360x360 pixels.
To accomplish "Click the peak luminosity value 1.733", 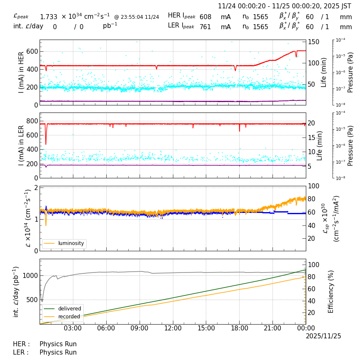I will coord(48,17).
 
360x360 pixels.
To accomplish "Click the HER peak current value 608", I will coord(205,17).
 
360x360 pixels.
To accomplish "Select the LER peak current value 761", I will coord(205,27).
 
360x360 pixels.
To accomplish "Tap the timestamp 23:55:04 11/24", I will coord(137,17).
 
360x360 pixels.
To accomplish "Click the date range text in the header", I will coord(285,6).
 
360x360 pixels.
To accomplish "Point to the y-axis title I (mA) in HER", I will coord(21,72).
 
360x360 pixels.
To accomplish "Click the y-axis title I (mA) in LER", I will coord(21,145).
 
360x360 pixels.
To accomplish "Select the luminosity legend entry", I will coord(71,243).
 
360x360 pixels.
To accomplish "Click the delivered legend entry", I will coord(67,309).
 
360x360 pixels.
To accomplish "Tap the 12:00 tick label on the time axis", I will coord(172,328).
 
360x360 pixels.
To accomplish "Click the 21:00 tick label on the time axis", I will coord(272,328).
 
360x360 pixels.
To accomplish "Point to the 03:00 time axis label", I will coord(73,328).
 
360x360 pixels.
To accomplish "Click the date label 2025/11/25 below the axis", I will coord(323,336).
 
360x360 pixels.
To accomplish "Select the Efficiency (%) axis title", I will coord(331,291).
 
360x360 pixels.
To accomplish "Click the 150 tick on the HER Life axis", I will coord(313,42).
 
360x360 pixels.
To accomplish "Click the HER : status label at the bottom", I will coord(22,344).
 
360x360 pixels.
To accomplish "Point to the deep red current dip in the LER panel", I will coord(46,140).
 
